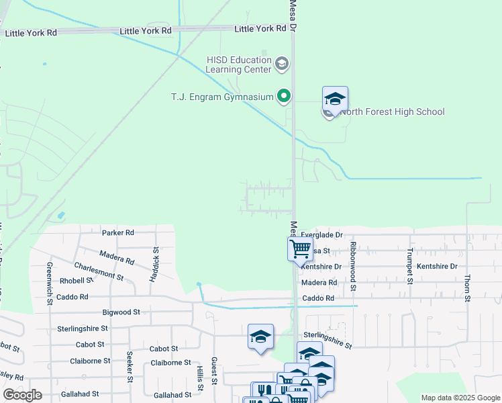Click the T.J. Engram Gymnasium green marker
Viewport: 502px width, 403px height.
(283, 97)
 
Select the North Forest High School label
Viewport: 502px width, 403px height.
(392, 111)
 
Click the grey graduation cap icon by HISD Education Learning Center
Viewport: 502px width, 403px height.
(282, 65)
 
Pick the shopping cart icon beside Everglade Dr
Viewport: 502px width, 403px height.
(301, 249)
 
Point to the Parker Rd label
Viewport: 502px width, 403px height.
(118, 232)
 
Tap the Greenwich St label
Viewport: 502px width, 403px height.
(50, 282)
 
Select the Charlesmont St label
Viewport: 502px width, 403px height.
(99, 271)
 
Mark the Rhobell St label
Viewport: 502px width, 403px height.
(76, 280)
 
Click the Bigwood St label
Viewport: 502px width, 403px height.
(121, 312)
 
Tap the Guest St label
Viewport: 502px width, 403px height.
(215, 371)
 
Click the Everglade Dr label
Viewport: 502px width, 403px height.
(321, 235)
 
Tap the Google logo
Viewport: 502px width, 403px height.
(22, 395)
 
